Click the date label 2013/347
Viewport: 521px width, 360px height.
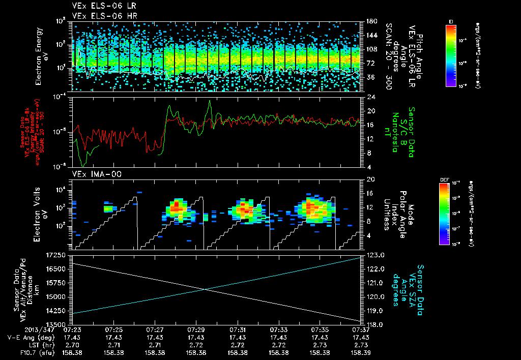click(x=21, y=330)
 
